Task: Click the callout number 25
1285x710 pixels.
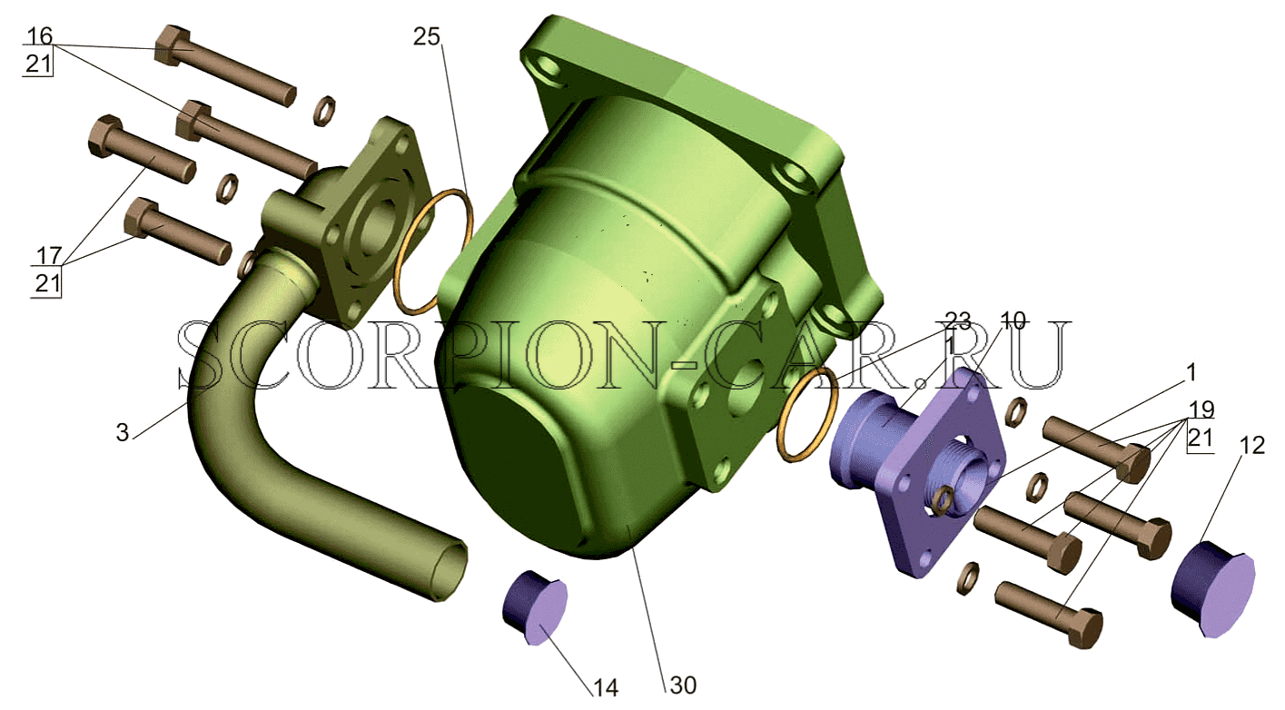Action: pyautogui.click(x=427, y=36)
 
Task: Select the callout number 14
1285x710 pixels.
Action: pyautogui.click(x=606, y=687)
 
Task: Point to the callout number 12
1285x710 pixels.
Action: pyautogui.click(x=1251, y=445)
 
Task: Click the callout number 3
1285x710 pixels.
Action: pyautogui.click(x=123, y=432)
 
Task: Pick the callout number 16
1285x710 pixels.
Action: pyautogui.click(x=40, y=36)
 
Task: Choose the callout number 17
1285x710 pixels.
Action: pyautogui.click(x=49, y=255)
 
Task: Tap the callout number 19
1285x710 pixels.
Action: pyautogui.click(x=1201, y=409)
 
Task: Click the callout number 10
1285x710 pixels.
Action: pyautogui.click(x=1012, y=320)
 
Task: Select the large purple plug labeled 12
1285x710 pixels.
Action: pyautogui.click(x=1212, y=588)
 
